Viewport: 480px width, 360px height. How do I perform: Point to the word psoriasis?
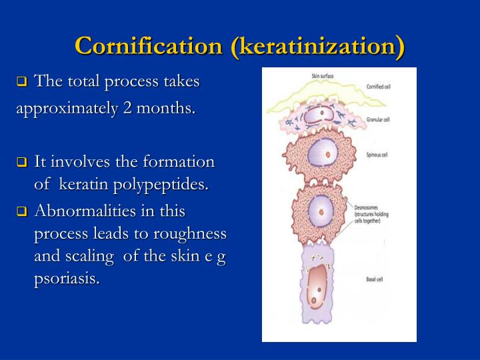(66, 279)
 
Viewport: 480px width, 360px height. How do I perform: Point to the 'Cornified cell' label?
(382, 87)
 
